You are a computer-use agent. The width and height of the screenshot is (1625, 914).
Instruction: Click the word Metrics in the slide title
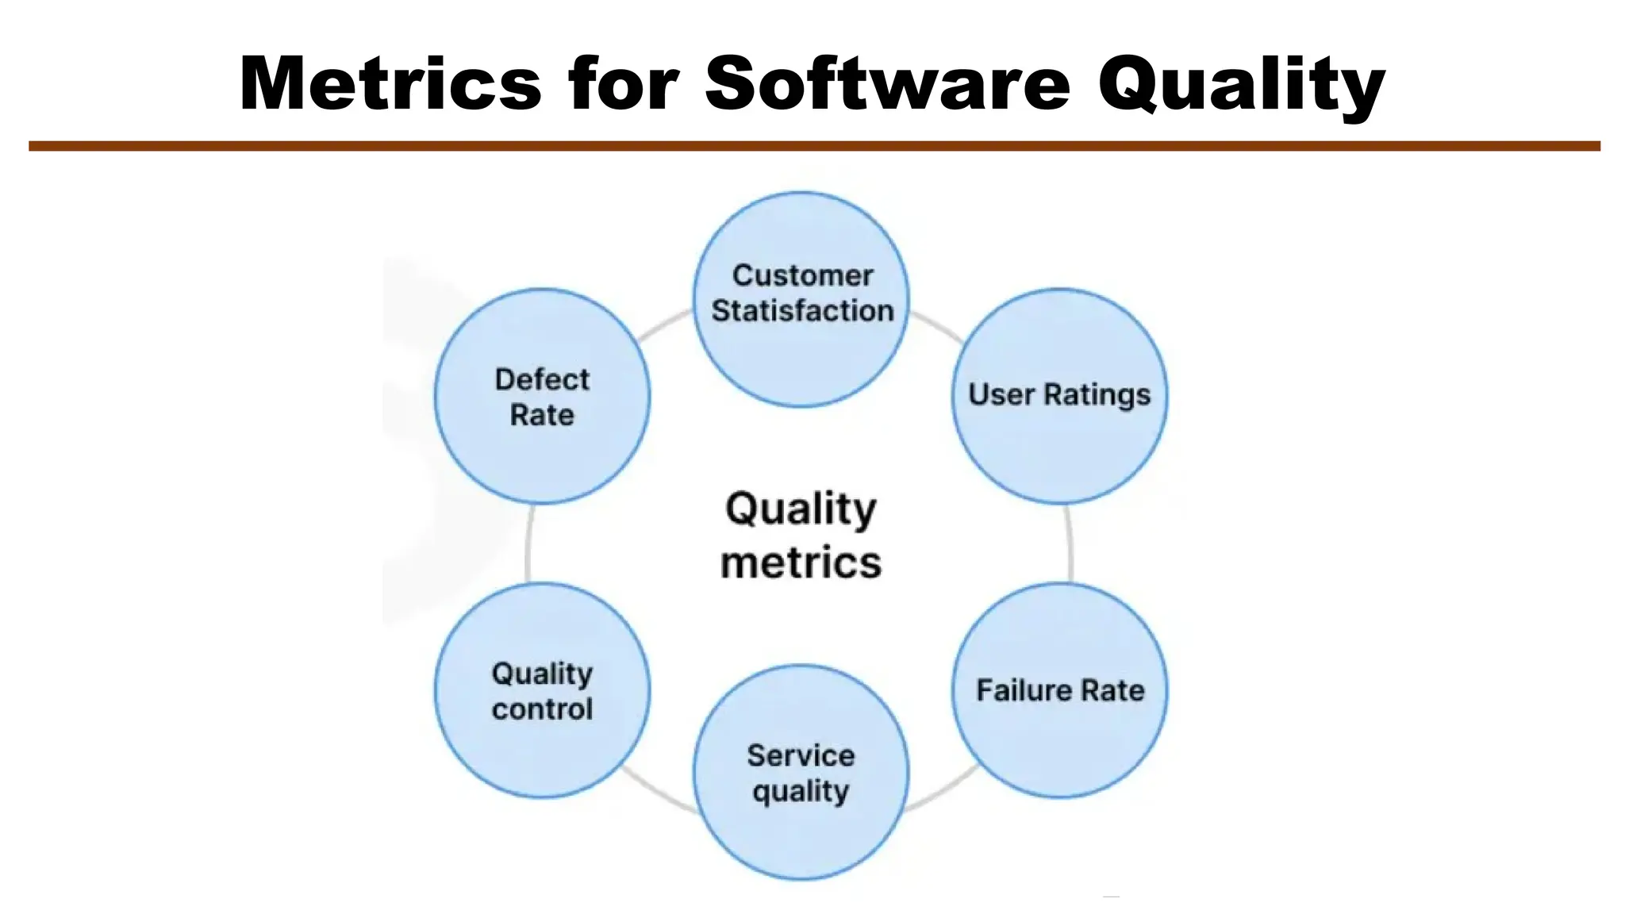pos(390,83)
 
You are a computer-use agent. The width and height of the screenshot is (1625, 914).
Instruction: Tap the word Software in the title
pos(887,83)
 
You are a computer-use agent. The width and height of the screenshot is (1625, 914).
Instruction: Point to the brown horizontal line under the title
pos(814,146)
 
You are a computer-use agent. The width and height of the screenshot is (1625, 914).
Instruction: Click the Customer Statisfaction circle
pos(801,349)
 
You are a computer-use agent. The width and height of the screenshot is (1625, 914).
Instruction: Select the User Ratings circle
pos(1060,444)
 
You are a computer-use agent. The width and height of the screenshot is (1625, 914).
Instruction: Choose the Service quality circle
pos(801,833)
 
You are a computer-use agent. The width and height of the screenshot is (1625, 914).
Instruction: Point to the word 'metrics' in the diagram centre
pos(801,563)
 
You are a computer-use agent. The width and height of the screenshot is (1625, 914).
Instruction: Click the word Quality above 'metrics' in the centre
pos(801,509)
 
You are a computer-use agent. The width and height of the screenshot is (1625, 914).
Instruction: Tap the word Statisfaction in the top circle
pos(802,310)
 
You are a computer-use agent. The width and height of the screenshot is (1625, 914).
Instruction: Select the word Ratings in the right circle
pos(1097,394)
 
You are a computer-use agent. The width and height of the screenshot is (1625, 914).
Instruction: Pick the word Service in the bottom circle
pos(801,755)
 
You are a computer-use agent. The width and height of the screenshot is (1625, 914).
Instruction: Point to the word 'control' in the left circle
pos(543,709)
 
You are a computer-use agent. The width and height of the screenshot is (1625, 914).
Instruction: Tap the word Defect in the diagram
pos(543,379)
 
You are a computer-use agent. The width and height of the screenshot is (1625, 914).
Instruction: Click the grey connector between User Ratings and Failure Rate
pos(1070,543)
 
